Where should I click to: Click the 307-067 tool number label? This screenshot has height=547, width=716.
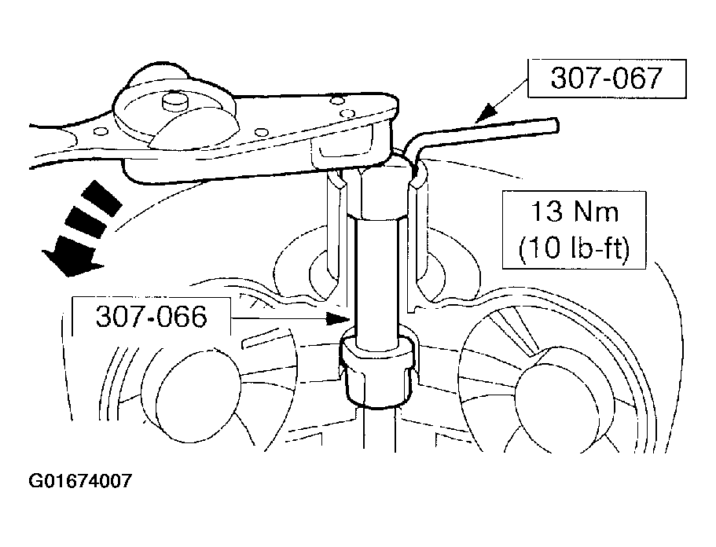[x=606, y=78]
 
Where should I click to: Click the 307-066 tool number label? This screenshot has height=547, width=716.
[x=151, y=317]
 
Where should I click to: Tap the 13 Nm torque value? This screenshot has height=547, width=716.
[x=574, y=212]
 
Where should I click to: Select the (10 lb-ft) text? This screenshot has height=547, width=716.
[x=574, y=249]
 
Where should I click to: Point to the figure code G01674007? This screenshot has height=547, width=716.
[x=80, y=481]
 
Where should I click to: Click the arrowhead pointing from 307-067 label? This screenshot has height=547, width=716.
[x=486, y=114]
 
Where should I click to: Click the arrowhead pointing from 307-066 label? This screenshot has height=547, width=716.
[x=339, y=318]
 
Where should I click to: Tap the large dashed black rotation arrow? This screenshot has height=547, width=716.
[x=83, y=228]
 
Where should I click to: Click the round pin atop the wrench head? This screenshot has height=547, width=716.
[x=176, y=102]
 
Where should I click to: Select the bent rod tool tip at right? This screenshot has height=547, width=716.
[x=555, y=125]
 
